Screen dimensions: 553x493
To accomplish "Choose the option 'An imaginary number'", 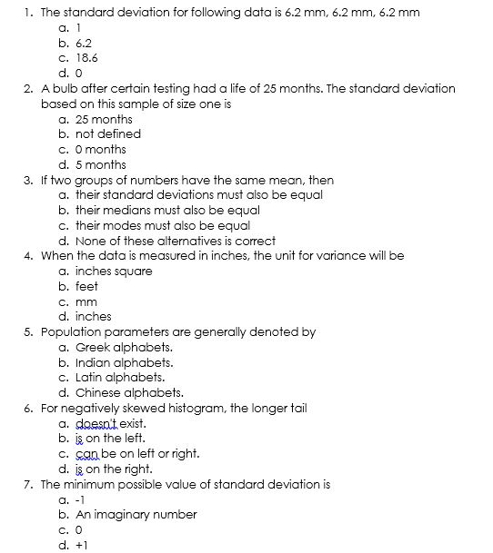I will (136, 515).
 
